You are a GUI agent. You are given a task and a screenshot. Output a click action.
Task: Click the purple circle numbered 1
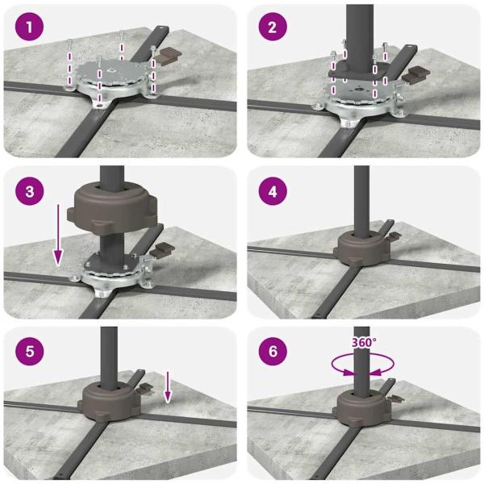coord(29,27)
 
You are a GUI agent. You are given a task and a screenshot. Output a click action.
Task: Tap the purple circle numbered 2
coord(273,27)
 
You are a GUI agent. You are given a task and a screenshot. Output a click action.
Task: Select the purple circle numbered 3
coord(29,190)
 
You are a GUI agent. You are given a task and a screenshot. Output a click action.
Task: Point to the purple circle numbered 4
coord(273,190)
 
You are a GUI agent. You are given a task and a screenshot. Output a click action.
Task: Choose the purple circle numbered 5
coord(29,351)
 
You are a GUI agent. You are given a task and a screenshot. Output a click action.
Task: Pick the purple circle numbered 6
coord(273,351)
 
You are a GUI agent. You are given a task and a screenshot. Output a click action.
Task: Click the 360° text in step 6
coord(365,342)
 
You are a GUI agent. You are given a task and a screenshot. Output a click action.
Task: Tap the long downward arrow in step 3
coord(58,234)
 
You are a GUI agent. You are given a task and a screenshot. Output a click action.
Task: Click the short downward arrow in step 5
coord(167,386)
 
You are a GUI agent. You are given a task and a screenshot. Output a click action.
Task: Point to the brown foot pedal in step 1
coord(168,54)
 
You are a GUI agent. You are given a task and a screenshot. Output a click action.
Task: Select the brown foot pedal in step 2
coord(416,74)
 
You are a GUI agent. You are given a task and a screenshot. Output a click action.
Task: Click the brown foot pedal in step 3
coord(162,249)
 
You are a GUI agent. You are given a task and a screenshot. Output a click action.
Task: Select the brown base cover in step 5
coord(109,400)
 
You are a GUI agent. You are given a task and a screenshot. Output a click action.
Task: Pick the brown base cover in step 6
coord(362,408)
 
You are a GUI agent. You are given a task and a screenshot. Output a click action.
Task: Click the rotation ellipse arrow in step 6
coord(363,365)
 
